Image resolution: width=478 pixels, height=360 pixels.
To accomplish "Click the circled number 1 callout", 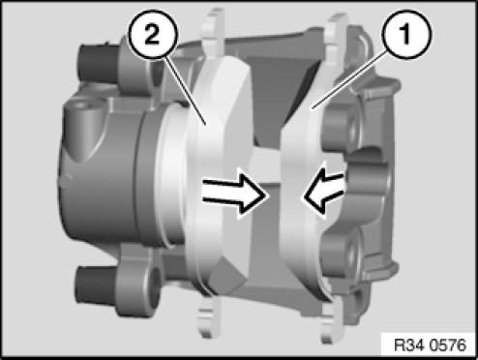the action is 405,34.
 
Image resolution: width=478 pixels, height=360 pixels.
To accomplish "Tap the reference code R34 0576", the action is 431,345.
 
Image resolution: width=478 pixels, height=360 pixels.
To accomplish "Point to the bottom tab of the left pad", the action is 209,317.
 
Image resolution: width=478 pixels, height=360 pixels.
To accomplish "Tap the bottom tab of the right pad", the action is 331,321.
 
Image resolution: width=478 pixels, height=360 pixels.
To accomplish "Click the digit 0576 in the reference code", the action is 449,345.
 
